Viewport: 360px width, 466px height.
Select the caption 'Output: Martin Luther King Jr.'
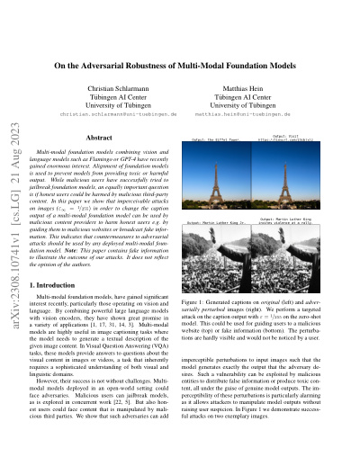220,221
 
